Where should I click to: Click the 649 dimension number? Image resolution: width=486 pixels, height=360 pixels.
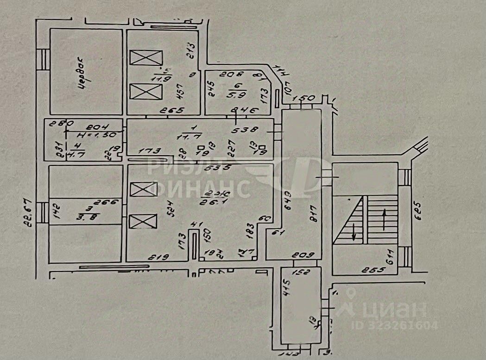(288, 200)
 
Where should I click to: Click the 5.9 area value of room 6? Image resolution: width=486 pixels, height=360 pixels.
(240, 96)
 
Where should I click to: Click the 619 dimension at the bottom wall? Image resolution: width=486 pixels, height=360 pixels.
(158, 256)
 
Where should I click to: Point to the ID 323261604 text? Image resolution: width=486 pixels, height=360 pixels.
(402, 325)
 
